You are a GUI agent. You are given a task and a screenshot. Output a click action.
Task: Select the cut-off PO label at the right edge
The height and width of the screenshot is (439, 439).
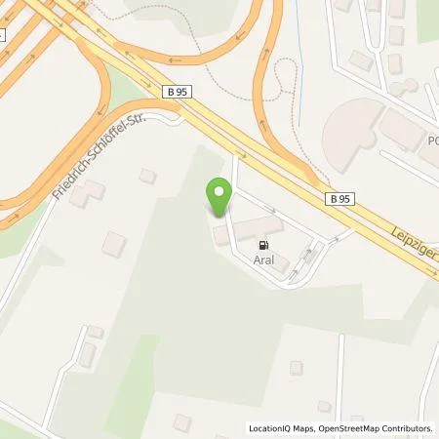point(430,140)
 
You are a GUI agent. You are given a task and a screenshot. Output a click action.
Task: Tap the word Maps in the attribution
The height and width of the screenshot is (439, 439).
point(310,428)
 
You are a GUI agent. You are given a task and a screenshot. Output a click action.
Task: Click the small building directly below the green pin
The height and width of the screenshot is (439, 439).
point(221,236)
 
